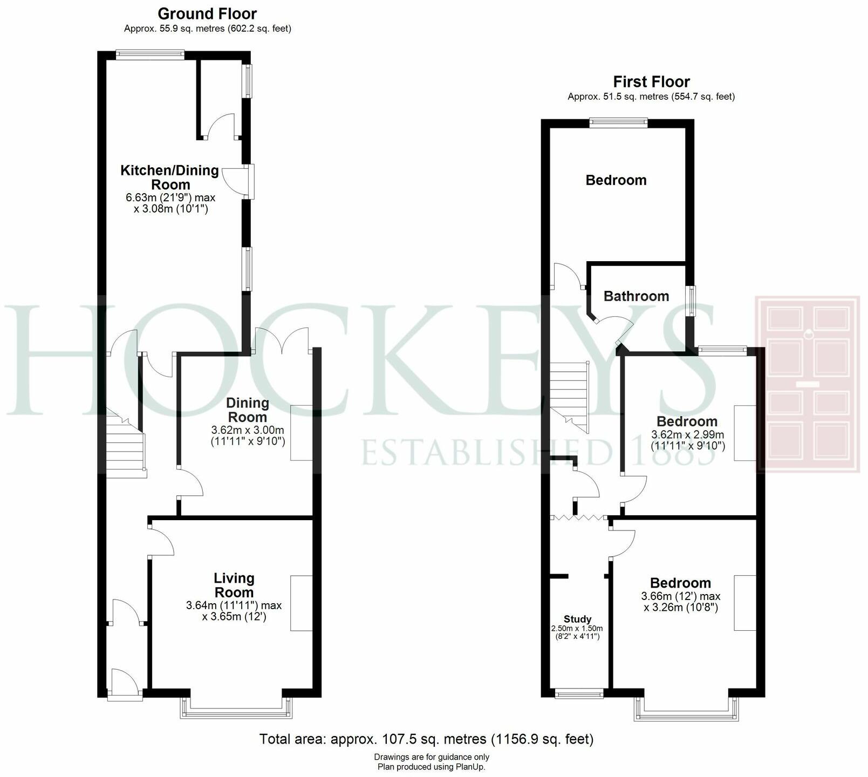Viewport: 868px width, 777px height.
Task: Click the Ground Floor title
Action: coord(207,13)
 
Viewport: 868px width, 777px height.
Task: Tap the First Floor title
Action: coord(651,81)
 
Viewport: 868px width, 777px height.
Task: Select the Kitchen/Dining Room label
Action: coord(169,178)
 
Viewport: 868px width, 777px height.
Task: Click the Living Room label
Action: coord(234,585)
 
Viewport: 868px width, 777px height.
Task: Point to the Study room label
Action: coord(577,619)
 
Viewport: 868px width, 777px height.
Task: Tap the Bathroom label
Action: coord(636,296)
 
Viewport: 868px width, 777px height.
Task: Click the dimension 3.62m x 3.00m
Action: coord(247,430)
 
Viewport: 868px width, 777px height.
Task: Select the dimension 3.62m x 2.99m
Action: coord(687,434)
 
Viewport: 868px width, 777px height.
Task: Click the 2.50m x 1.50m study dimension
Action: coord(577,629)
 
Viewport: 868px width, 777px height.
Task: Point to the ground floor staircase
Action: coord(126,448)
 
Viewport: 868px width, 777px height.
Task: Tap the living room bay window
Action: coord(236,708)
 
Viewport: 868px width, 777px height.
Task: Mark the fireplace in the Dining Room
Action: coord(302,433)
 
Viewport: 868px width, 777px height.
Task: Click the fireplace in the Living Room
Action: coord(302,603)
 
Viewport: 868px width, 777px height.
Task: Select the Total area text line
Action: coord(426,739)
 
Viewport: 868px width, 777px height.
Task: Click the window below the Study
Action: coord(579,694)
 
